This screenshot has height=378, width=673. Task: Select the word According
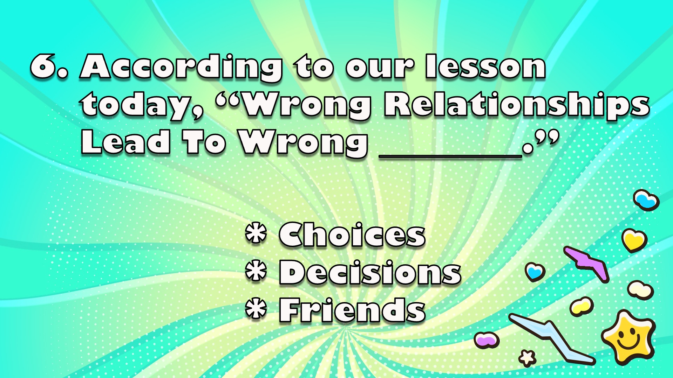pos(181,68)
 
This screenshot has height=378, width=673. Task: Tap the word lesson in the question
pos(485,66)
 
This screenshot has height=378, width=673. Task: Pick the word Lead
pos(126,141)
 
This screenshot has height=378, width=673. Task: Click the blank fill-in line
pos(450,157)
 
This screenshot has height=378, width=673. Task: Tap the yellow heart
pos(634,240)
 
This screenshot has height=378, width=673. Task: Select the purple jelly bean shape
pos(487,339)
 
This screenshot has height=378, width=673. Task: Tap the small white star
pos(527,358)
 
